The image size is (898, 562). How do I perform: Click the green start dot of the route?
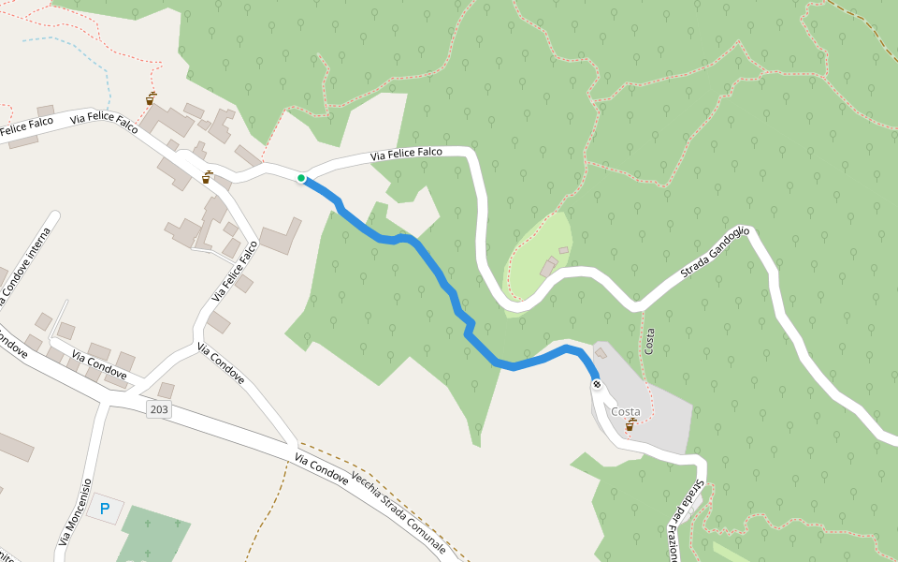point(301,178)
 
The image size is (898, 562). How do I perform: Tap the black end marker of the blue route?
point(596,384)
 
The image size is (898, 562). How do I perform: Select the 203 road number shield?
point(158,408)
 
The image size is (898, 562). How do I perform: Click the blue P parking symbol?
point(105,510)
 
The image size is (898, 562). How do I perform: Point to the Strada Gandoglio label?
point(716,254)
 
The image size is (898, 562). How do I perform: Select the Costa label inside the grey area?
point(625,412)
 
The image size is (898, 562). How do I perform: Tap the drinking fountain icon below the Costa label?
point(631,426)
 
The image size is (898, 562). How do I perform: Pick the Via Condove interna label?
point(24,266)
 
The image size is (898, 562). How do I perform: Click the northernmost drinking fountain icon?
point(151,97)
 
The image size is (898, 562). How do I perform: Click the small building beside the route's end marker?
point(601,354)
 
